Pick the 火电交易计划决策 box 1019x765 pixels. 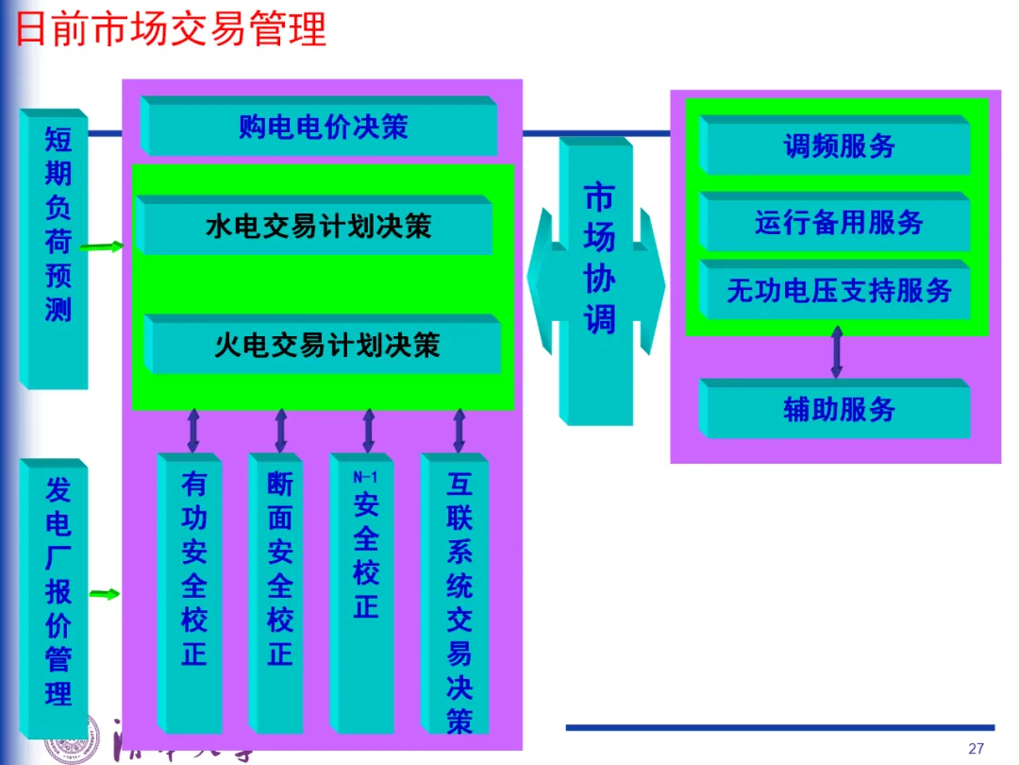[x=326, y=345]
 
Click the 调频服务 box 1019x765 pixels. [x=839, y=147]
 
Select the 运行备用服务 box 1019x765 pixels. [x=839, y=224]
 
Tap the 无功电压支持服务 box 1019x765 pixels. [x=839, y=291]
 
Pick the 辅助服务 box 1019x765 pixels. [x=839, y=410]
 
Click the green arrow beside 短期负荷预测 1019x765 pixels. [x=101, y=247]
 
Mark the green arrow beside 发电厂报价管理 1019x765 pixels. [x=105, y=594]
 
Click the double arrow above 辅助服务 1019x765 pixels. [x=836, y=351]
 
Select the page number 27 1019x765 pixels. [x=977, y=749]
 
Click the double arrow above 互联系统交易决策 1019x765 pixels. [x=459, y=431]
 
